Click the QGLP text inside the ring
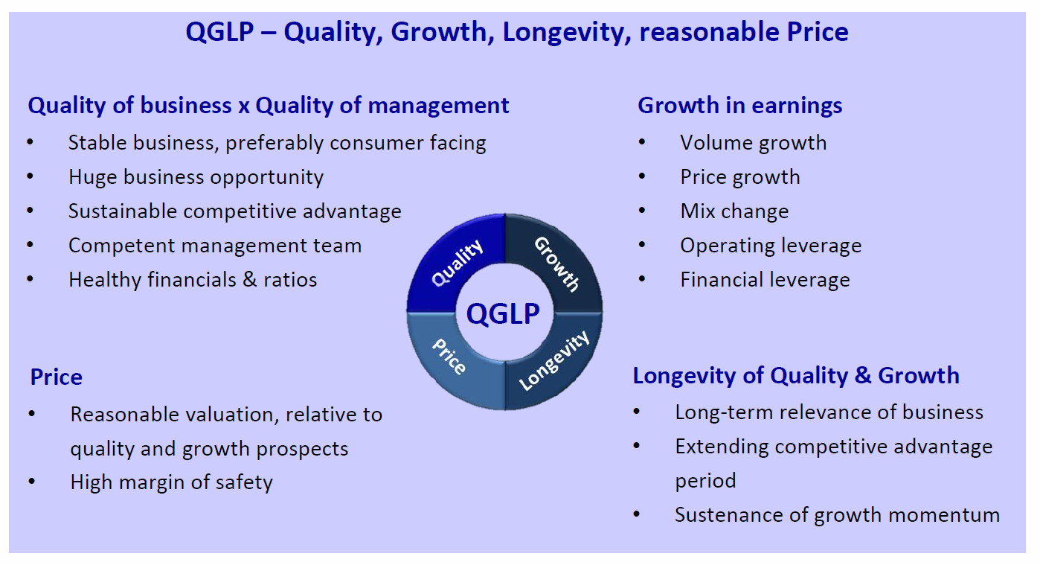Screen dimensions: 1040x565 [503, 313]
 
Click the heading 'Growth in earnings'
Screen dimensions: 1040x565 [739, 106]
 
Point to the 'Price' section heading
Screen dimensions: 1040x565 [57, 377]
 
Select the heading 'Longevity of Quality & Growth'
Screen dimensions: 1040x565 [796, 376]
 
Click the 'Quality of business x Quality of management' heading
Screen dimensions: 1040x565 [269, 106]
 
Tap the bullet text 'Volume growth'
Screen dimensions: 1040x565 [753, 143]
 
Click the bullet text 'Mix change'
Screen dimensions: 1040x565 [734, 211]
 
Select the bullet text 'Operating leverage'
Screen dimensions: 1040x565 [771, 246]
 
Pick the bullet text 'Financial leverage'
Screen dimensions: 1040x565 [765, 280]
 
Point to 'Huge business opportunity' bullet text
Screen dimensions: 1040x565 [196, 177]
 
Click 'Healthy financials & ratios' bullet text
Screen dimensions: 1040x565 [193, 280]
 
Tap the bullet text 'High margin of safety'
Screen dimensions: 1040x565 [171, 482]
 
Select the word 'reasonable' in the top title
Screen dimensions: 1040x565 [709, 32]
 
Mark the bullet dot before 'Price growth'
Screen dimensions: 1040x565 [642, 176]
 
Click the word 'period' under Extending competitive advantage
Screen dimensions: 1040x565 [705, 481]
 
